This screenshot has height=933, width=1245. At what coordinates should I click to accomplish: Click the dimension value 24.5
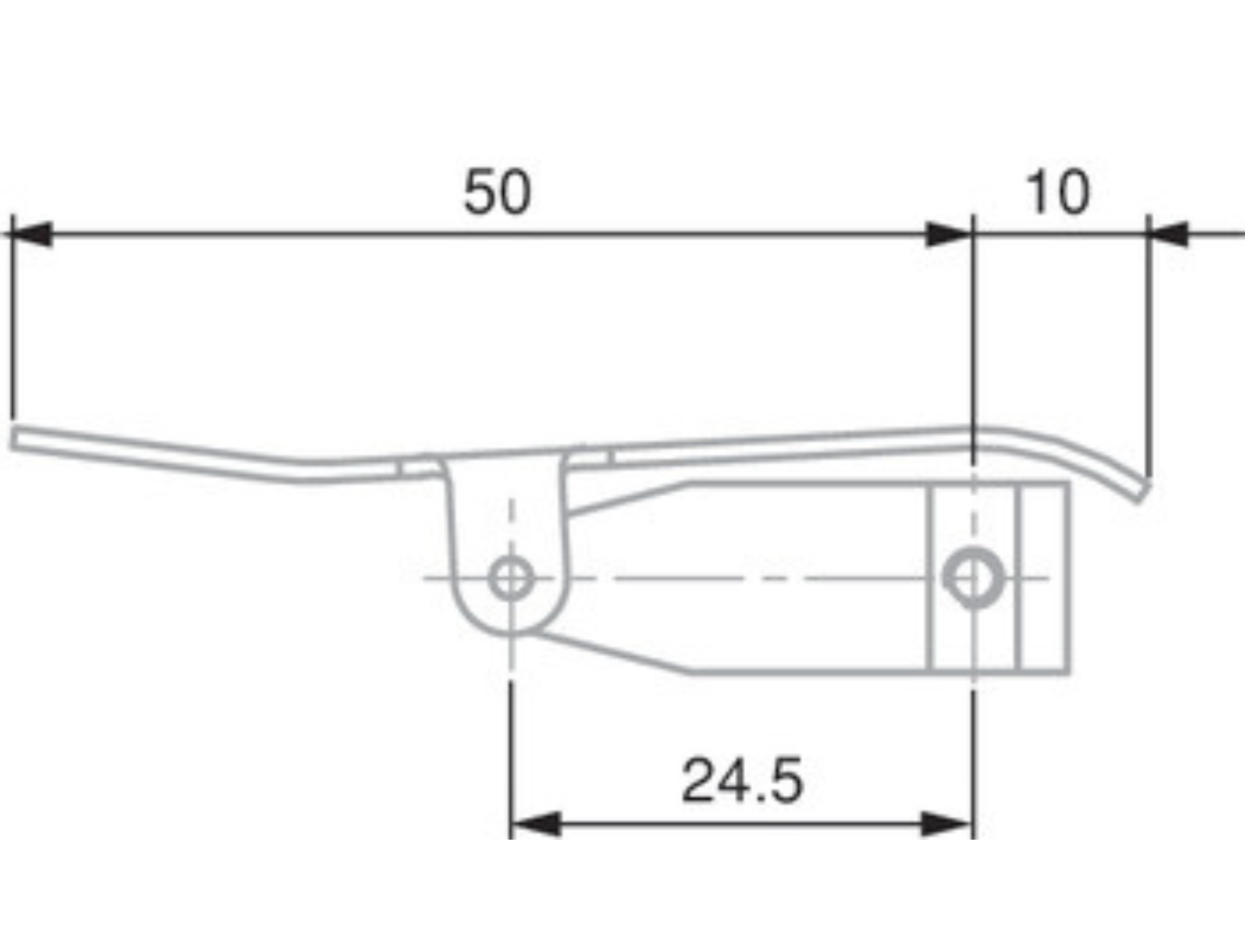coord(742,781)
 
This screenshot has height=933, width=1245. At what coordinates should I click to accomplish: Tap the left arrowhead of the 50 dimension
coord(31,235)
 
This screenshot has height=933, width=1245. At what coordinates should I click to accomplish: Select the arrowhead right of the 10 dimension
coord(1168,235)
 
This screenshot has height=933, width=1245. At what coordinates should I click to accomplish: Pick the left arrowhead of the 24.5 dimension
coord(535,824)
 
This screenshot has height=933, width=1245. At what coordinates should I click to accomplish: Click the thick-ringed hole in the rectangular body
coord(974,577)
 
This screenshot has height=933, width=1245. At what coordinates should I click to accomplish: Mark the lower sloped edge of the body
coord(613,652)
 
